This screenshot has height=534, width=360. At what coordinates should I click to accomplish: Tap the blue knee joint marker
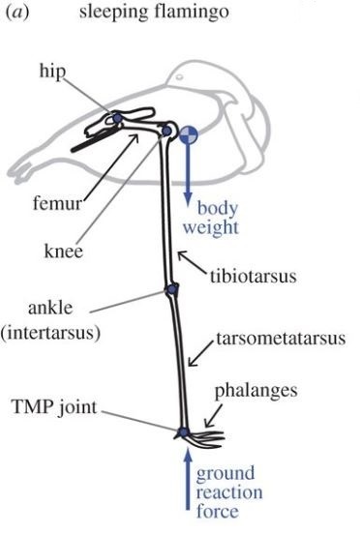click(x=166, y=130)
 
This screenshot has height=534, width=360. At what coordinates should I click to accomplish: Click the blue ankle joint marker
click(x=171, y=289)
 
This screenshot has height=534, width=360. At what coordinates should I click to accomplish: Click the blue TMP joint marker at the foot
click(x=183, y=432)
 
